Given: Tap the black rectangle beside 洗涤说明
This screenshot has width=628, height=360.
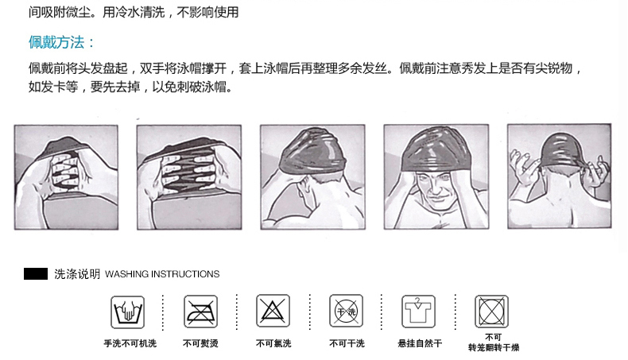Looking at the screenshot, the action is coord(36,273).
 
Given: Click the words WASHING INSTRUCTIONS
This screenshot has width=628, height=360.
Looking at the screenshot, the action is coord(162,274).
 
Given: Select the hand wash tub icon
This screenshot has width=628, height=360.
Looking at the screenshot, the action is coord(128,312).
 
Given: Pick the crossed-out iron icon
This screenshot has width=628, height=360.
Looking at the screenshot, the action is coord(200,312).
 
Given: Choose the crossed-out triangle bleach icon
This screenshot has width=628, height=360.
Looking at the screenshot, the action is coord(273,312).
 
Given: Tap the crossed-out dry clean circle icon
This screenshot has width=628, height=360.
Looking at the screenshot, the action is coord(347,312).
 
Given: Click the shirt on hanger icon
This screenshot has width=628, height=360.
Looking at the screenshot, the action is coord(418,312).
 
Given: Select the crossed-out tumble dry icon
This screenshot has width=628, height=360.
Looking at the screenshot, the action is coord(492,312).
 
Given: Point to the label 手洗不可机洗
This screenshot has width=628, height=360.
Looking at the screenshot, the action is coord(130,343).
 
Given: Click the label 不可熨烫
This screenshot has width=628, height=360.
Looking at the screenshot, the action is coord(200,343).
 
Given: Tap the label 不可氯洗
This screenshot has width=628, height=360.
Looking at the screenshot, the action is coord(273,343).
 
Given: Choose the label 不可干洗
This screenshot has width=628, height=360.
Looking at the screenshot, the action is coord(347,343).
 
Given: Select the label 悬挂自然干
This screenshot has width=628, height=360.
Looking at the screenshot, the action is coord(420,343).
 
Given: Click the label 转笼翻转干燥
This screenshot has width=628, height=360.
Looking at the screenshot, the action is coord(494,347).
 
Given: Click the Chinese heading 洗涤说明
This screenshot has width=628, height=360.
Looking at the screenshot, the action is coord(77,274).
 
